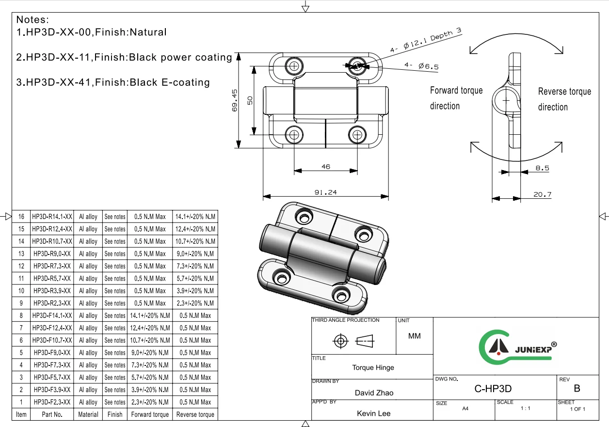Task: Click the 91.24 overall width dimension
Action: (x=325, y=192)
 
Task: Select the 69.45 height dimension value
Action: (x=235, y=100)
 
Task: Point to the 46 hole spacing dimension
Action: (x=325, y=167)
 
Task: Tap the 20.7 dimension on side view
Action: (x=542, y=194)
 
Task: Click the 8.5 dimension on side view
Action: (x=542, y=168)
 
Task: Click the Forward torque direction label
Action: (x=456, y=98)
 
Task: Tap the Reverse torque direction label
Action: (x=564, y=99)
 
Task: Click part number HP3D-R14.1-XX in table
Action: (x=52, y=217)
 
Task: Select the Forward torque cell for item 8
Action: (x=150, y=316)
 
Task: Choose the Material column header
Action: (x=88, y=414)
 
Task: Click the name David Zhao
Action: (x=374, y=393)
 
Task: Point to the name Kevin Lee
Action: (x=373, y=413)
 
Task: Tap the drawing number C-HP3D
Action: (x=493, y=389)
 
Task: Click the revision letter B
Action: (x=577, y=388)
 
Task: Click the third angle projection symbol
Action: (x=353, y=341)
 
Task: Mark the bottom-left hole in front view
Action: (x=293, y=134)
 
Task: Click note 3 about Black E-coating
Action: (x=113, y=82)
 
